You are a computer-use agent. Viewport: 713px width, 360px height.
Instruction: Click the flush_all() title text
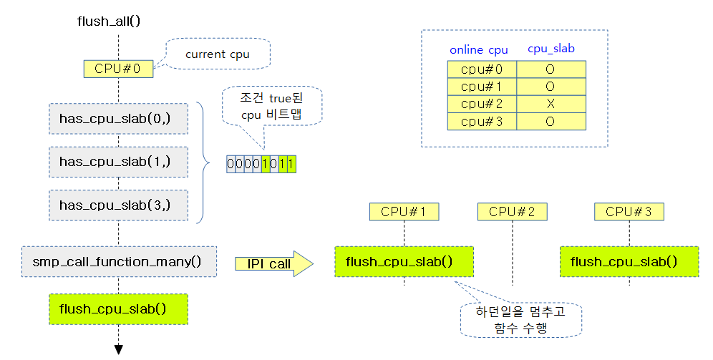click(108, 20)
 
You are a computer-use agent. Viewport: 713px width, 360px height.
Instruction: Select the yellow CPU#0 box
click(118, 69)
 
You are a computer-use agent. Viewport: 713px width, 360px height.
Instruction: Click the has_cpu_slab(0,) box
click(118, 118)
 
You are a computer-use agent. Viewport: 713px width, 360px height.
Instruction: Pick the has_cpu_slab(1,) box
click(118, 162)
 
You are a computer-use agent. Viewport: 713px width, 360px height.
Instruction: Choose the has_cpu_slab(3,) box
click(118, 205)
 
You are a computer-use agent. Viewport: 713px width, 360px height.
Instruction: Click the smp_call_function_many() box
click(119, 261)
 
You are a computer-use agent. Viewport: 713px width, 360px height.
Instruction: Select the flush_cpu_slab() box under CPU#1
click(404, 261)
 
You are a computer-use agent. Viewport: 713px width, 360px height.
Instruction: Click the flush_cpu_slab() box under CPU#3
click(629, 261)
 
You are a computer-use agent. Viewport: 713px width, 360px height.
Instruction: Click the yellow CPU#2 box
click(512, 211)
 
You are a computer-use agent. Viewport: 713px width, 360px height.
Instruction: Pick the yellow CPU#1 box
click(404, 211)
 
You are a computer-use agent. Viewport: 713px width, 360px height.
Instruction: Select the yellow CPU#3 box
click(629, 211)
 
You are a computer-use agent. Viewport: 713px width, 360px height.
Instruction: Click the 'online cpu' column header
click(479, 50)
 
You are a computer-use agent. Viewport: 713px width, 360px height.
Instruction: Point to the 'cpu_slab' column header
click(551, 49)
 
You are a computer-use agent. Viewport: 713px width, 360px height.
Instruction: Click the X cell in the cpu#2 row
click(551, 104)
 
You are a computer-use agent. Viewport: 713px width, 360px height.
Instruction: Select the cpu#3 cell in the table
click(482, 122)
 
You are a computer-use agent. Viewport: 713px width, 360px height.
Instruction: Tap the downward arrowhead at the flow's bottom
click(118, 349)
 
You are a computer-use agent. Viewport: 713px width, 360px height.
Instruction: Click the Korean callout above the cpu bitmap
click(272, 106)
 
